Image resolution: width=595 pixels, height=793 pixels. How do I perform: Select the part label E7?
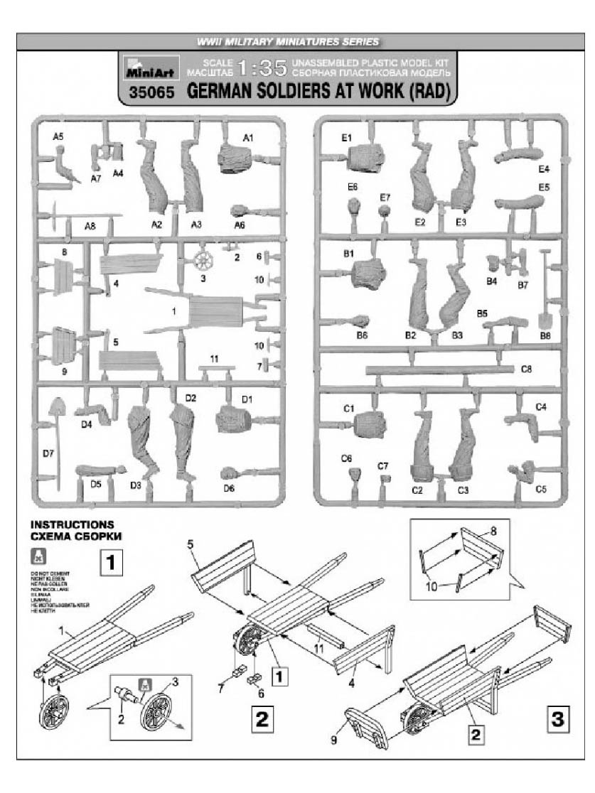pyautogui.click(x=385, y=197)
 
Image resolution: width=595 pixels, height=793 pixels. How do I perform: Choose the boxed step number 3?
pyautogui.click(x=554, y=719)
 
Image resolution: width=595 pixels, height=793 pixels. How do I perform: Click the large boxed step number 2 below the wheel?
pyautogui.click(x=262, y=720)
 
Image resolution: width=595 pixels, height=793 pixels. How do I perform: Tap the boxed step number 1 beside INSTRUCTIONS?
pyautogui.click(x=113, y=563)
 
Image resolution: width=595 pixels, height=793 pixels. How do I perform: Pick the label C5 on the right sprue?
pyautogui.click(x=540, y=490)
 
